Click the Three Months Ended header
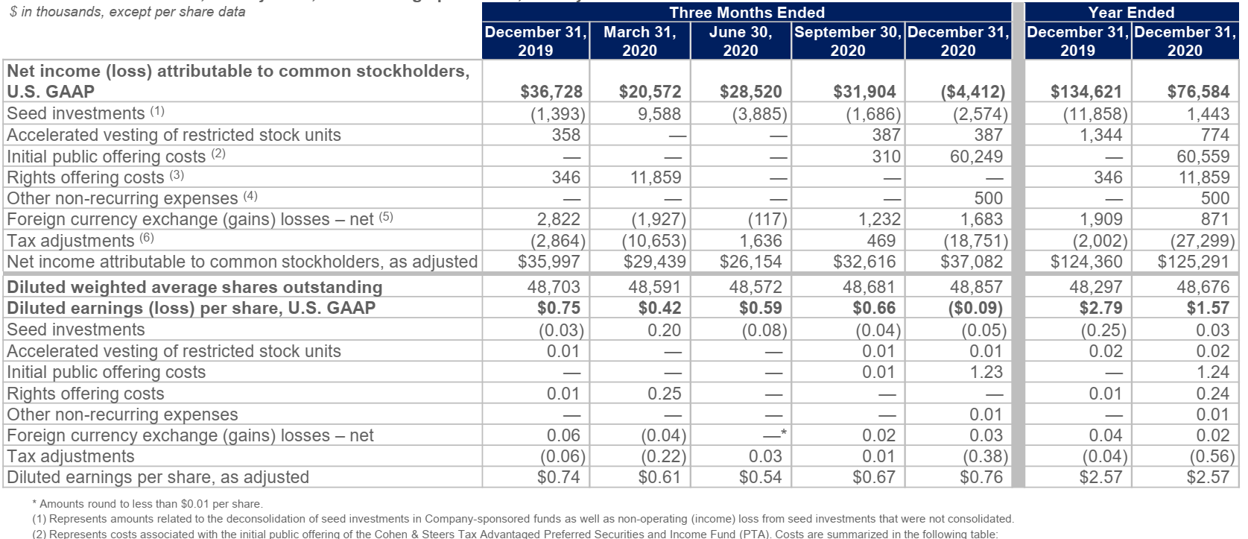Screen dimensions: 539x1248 [747, 13]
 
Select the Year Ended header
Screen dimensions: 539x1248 [1131, 13]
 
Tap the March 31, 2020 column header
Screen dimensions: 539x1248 [640, 41]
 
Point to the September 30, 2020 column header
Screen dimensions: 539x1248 [848, 41]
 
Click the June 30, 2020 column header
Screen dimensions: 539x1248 [741, 41]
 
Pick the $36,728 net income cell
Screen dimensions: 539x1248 [551, 92]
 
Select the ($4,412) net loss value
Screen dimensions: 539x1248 [973, 92]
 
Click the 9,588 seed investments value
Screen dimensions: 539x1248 [659, 114]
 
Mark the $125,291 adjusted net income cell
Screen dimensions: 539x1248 [1194, 262]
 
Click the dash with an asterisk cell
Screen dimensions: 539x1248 [774, 435]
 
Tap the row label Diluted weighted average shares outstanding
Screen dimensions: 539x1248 [194, 287]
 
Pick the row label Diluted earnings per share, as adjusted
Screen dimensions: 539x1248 [158, 477]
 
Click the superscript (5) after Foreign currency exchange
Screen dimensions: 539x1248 [385, 218]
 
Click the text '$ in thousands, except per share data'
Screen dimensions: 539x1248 [127, 12]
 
